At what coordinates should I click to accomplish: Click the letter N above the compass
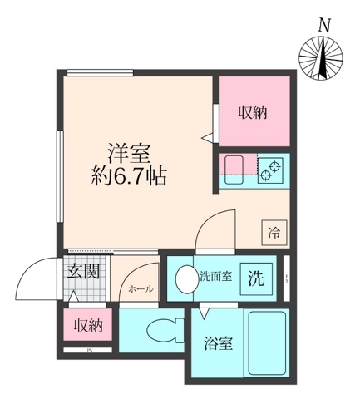point(323,27)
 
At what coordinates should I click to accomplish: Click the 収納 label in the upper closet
point(254,111)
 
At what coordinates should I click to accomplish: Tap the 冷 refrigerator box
point(274,234)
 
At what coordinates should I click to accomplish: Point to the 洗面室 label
point(215,276)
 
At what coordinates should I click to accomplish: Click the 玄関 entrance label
point(85,271)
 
